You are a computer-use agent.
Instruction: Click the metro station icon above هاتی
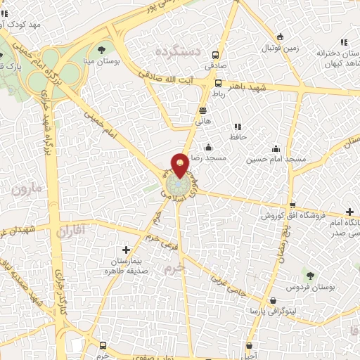[202, 110]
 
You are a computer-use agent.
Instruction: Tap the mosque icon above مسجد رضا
[209, 148]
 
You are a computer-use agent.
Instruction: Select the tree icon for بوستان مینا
[103, 50]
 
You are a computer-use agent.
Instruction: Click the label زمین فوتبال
[281, 49]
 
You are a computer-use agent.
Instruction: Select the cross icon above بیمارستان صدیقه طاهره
[126, 250]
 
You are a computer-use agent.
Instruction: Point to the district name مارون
[27, 189]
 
